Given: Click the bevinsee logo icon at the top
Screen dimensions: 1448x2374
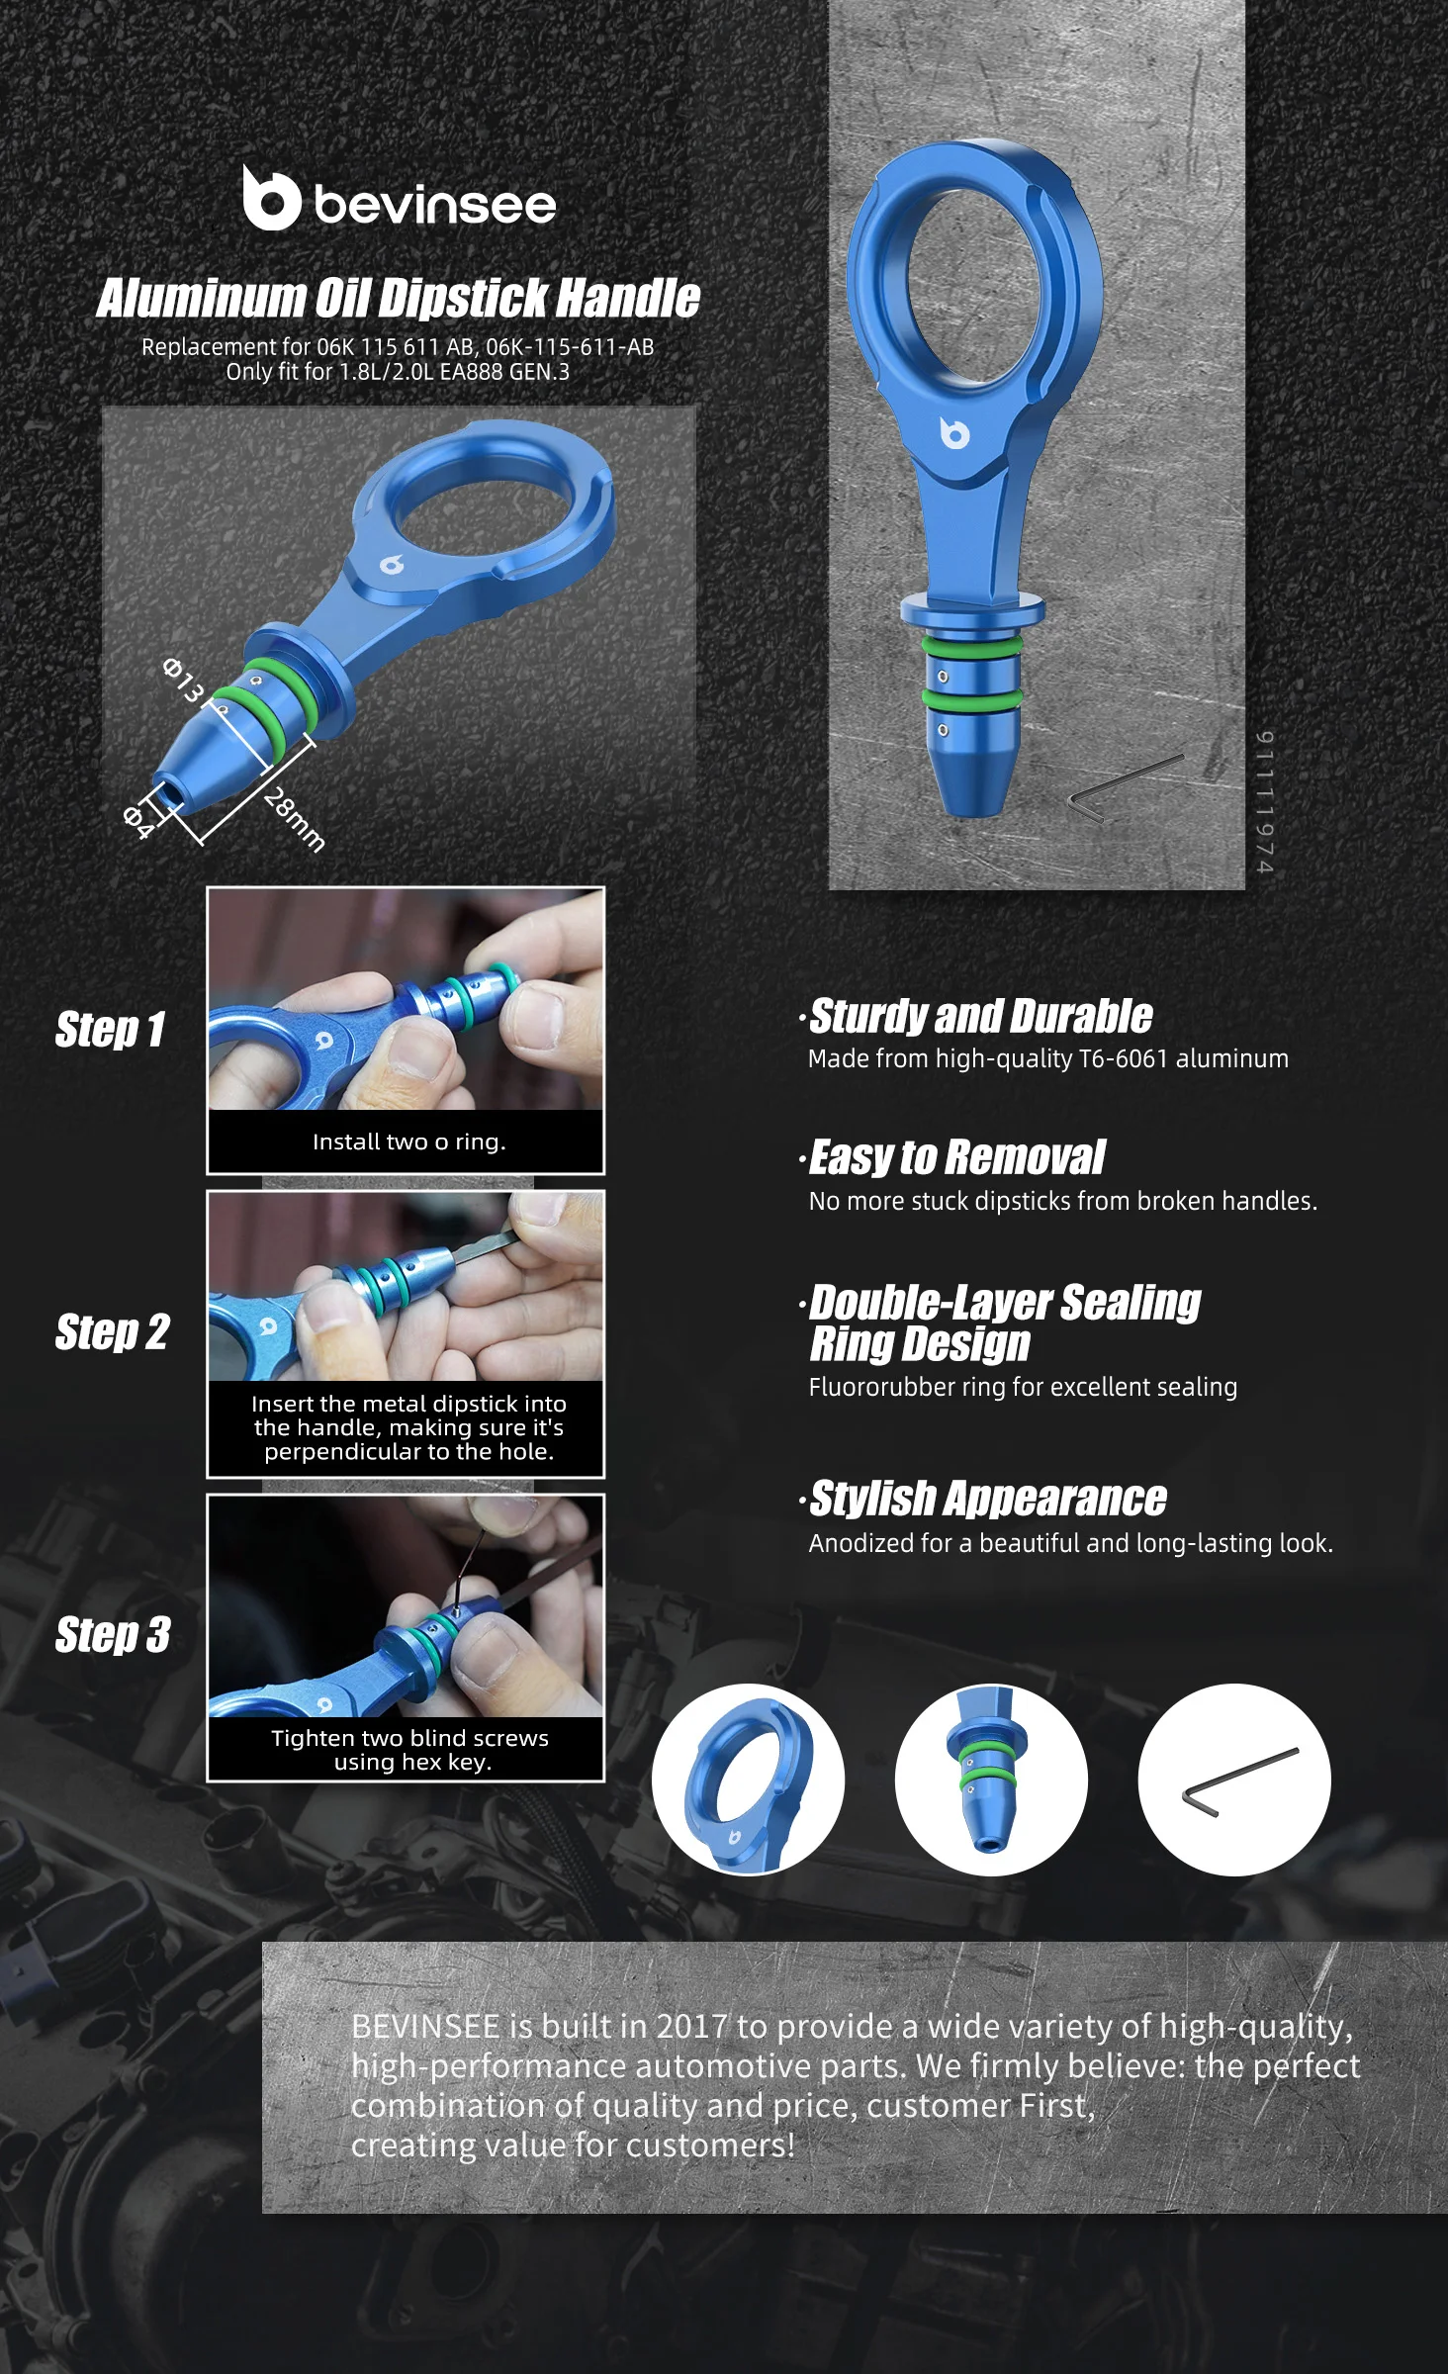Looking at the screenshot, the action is pyautogui.click(x=271, y=198).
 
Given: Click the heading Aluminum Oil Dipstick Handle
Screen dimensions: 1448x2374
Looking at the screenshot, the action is pyautogui.click(x=398, y=298).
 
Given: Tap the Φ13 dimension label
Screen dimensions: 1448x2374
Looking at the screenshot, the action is pyautogui.click(x=183, y=680).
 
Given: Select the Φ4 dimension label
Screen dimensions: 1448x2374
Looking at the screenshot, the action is pyautogui.click(x=138, y=822).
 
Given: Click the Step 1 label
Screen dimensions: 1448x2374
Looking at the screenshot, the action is pyautogui.click(x=110, y=1029).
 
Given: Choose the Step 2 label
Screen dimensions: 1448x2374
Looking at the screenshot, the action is pyautogui.click(x=112, y=1331).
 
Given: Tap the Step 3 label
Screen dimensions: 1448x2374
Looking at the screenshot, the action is pyautogui.click(x=113, y=1634).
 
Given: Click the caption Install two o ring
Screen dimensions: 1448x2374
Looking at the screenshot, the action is pyautogui.click(x=408, y=1141).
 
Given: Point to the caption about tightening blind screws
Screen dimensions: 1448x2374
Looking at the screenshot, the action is pyautogui.click(x=409, y=1750).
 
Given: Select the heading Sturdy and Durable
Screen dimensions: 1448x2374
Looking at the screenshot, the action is pyautogui.click(x=980, y=1016).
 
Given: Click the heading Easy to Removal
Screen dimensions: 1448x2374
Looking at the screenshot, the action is pyautogui.click(x=956, y=1157).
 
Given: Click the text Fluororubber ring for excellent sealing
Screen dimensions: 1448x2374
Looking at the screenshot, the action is pyautogui.click(x=1023, y=1387).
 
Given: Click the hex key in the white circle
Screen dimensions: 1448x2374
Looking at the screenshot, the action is pyautogui.click(x=1240, y=1781).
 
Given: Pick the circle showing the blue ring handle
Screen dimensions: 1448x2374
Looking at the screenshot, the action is pyautogui.click(x=749, y=1780).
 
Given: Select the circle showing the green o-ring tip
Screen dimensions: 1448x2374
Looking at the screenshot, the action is pyautogui.click(x=991, y=1780).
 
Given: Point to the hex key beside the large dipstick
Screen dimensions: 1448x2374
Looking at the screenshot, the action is pyautogui.click(x=1126, y=786).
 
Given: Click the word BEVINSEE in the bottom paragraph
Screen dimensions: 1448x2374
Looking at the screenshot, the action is pyautogui.click(x=425, y=2027).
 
